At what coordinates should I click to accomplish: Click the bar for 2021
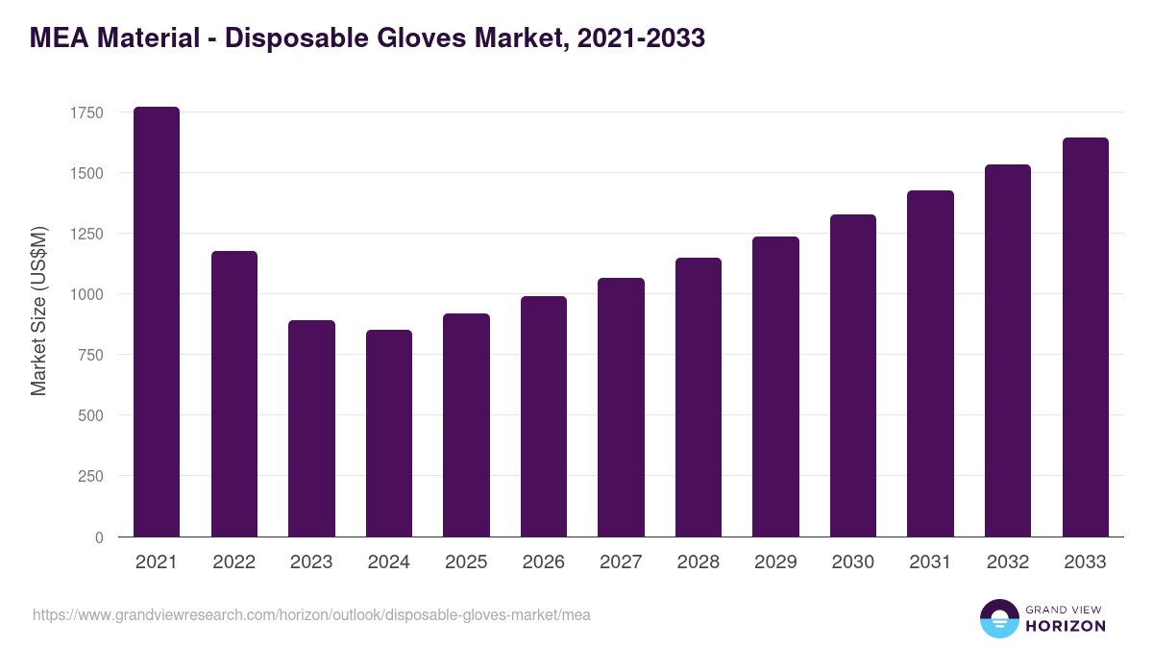tap(157, 322)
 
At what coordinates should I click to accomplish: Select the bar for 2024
tap(389, 434)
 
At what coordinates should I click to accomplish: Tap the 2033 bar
tap(1086, 337)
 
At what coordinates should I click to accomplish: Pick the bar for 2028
tap(699, 397)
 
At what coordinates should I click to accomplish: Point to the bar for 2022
tap(234, 394)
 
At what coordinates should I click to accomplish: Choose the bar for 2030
tap(853, 376)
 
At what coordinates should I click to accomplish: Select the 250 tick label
tap(90, 476)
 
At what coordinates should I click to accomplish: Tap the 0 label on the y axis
tap(99, 537)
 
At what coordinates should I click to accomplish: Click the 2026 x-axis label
tap(544, 562)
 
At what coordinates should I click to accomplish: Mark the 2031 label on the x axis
tap(930, 562)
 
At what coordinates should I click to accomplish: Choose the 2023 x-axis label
tap(311, 562)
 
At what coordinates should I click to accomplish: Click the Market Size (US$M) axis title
tap(39, 312)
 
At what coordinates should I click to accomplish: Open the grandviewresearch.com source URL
tap(311, 615)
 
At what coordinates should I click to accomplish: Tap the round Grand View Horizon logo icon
tap(999, 619)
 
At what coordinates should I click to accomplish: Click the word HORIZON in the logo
tap(1066, 626)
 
